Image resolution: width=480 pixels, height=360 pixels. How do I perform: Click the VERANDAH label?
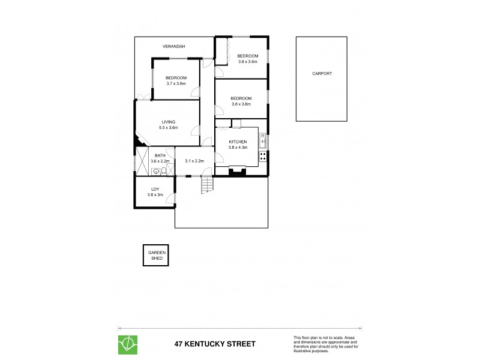pyautogui.click(x=173, y=46)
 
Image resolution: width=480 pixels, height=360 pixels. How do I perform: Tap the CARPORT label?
pyautogui.click(x=322, y=74)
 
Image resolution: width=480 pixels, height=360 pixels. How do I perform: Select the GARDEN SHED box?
pyautogui.click(x=155, y=256)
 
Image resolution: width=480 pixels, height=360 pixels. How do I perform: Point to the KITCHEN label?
pyautogui.click(x=238, y=142)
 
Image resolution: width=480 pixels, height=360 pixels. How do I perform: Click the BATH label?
pyautogui.click(x=160, y=156)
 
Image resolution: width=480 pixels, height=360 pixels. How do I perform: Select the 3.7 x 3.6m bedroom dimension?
pyautogui.click(x=176, y=83)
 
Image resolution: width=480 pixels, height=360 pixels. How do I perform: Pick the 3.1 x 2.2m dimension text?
pyautogui.click(x=195, y=161)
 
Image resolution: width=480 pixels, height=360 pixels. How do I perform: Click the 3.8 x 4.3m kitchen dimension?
pyautogui.click(x=238, y=148)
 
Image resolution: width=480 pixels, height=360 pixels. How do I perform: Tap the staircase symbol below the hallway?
pyautogui.click(x=207, y=186)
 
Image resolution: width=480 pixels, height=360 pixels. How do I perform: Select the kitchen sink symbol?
pyautogui.click(x=263, y=142)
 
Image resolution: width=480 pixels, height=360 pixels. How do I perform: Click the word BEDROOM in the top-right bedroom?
pyautogui.click(x=248, y=56)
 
